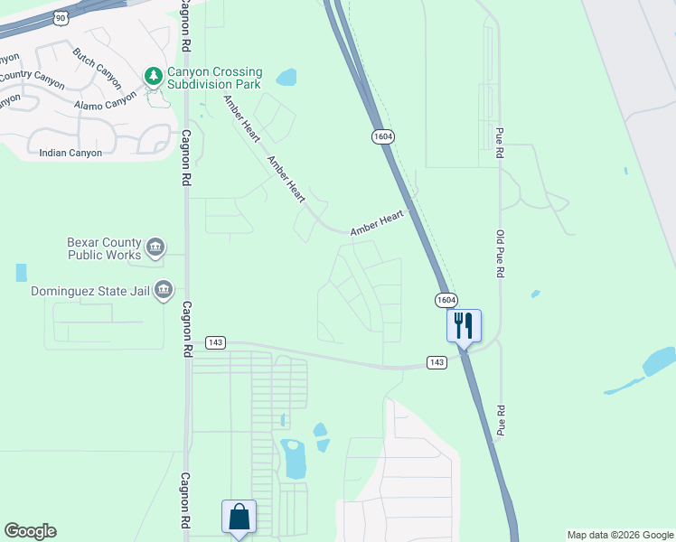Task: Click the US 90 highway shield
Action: click(x=60, y=17)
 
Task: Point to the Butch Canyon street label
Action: click(x=97, y=63)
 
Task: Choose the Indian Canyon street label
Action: click(x=70, y=153)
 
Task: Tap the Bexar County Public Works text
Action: click(x=104, y=248)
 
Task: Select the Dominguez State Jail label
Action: click(x=90, y=291)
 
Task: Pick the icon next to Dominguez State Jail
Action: click(x=164, y=290)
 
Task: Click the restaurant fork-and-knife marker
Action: click(x=464, y=325)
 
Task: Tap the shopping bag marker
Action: click(x=239, y=518)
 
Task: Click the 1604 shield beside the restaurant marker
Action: click(x=445, y=300)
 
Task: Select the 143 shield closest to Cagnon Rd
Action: click(x=214, y=342)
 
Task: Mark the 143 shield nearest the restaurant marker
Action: click(x=437, y=362)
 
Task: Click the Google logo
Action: click(x=30, y=531)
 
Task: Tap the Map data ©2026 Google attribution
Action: click(x=620, y=535)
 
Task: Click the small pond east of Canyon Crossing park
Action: click(x=286, y=77)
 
